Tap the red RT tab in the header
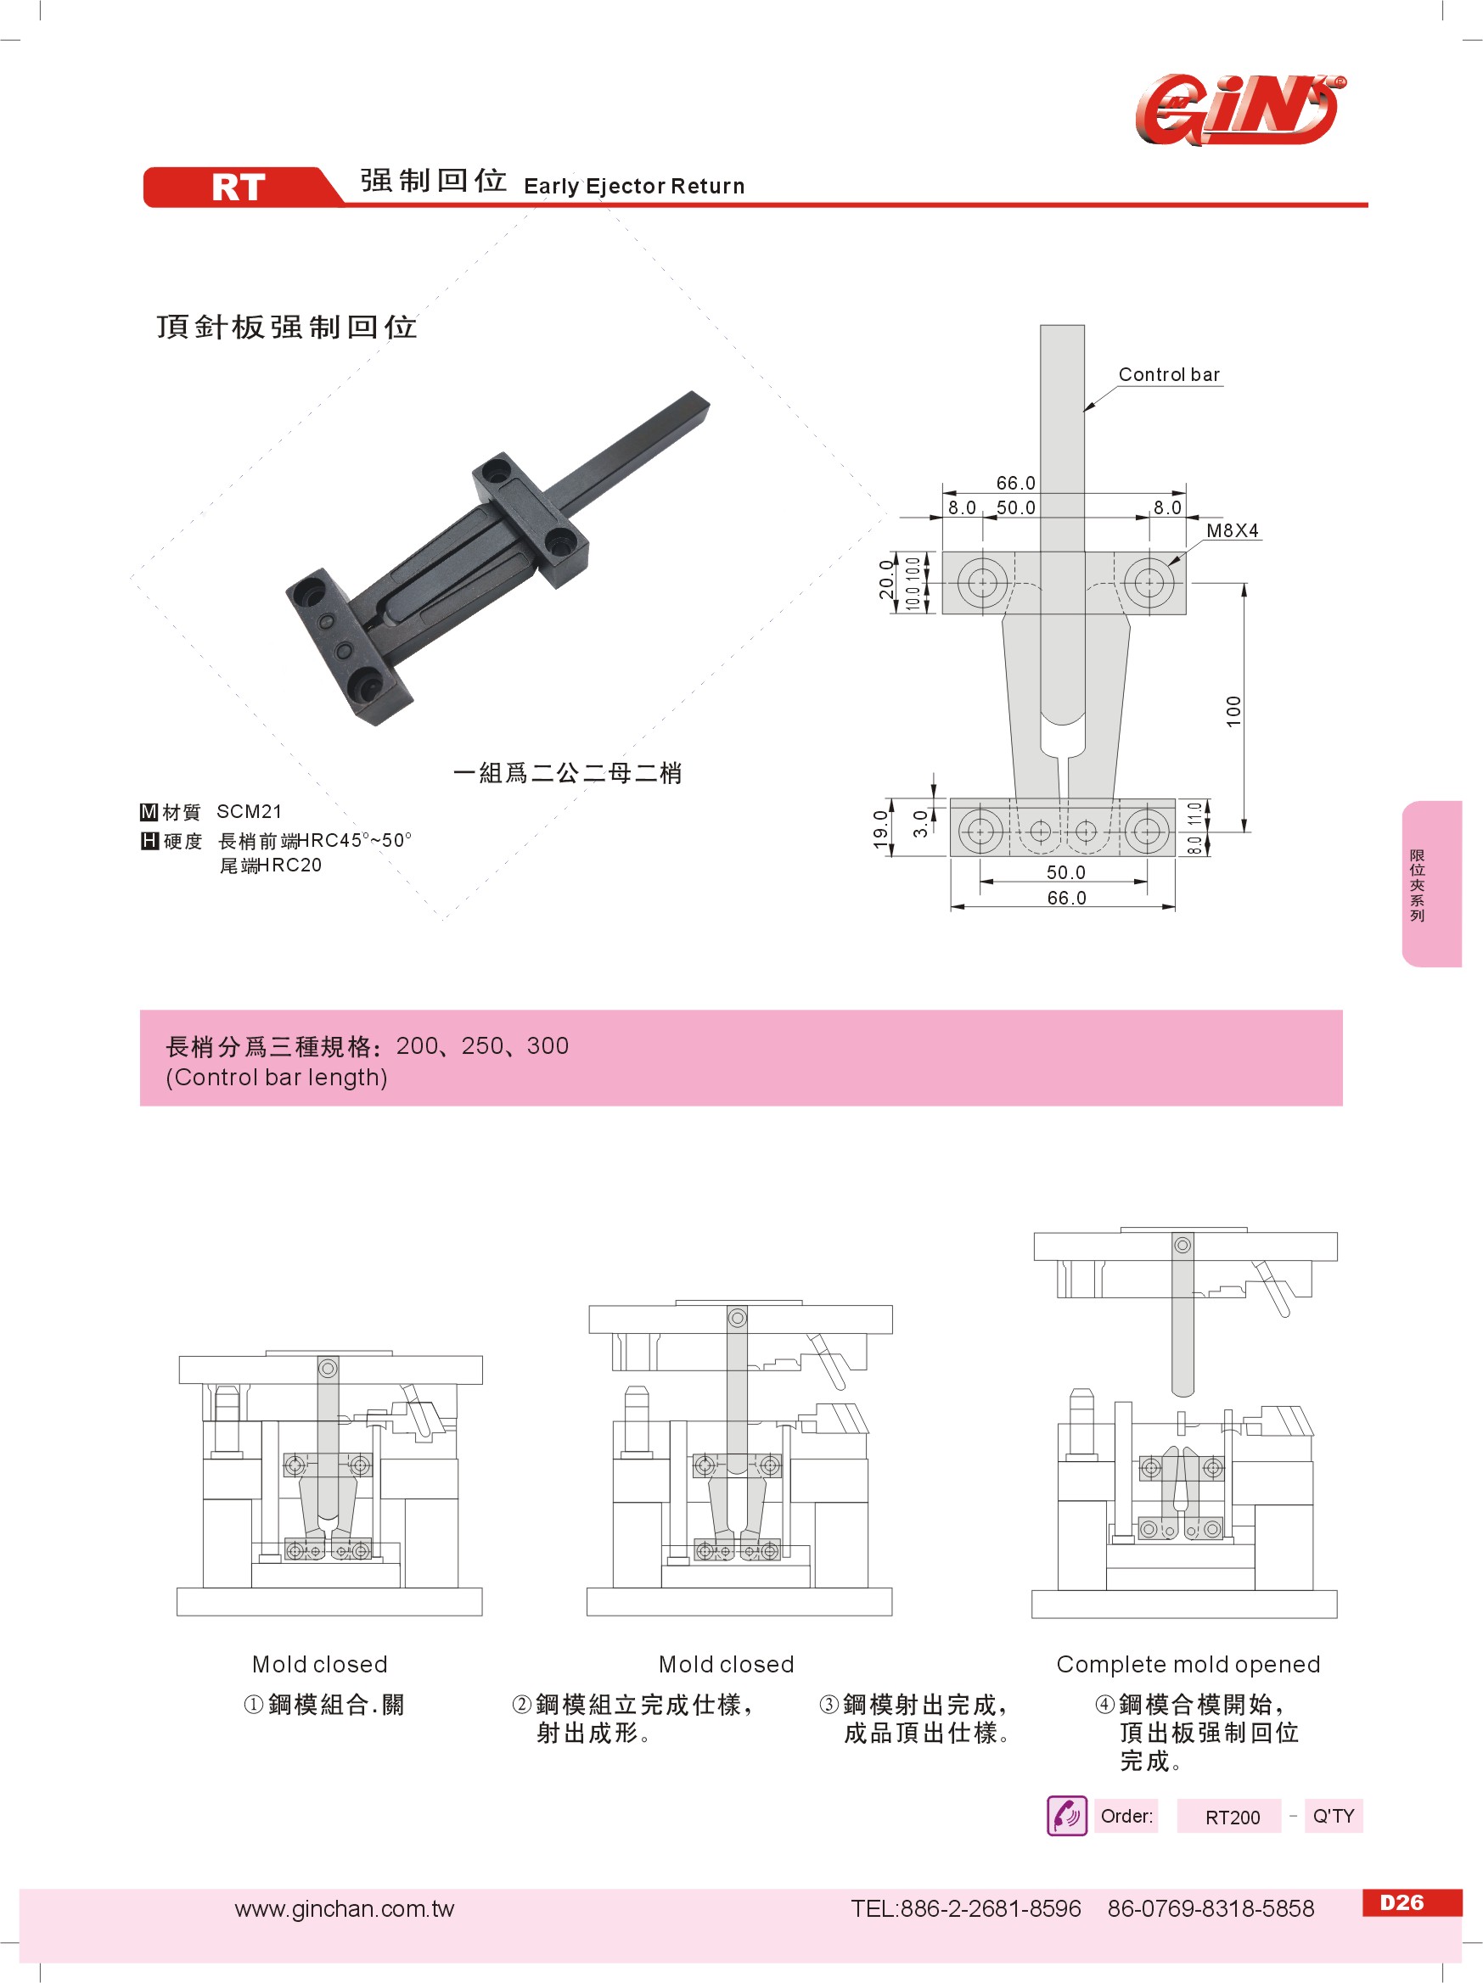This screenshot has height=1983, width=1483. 239,188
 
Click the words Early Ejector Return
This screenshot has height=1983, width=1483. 634,187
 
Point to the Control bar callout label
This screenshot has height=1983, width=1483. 1168,375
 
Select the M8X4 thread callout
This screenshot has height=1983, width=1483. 1231,530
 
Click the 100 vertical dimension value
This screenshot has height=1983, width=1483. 1233,711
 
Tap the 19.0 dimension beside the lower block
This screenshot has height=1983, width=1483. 880,828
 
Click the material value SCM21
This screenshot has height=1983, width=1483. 250,811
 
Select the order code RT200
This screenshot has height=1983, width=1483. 1232,1818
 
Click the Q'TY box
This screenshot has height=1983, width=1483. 1333,1816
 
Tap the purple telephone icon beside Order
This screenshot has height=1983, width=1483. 1066,1816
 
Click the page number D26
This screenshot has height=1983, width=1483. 1402,1902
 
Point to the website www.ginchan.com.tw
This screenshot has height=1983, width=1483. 345,1908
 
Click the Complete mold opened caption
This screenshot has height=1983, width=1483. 1187,1665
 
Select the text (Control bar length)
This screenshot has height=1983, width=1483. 276,1077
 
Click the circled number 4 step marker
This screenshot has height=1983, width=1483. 1104,1704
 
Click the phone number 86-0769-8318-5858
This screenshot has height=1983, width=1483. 1211,1908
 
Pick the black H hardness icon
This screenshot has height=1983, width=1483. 149,841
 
